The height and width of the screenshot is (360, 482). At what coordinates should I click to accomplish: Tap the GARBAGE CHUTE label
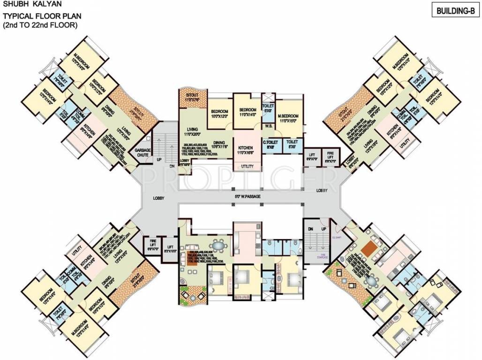143,152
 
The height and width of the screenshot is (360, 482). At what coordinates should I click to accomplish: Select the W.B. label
268,126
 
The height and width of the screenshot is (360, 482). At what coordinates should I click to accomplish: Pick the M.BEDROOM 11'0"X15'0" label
289,119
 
